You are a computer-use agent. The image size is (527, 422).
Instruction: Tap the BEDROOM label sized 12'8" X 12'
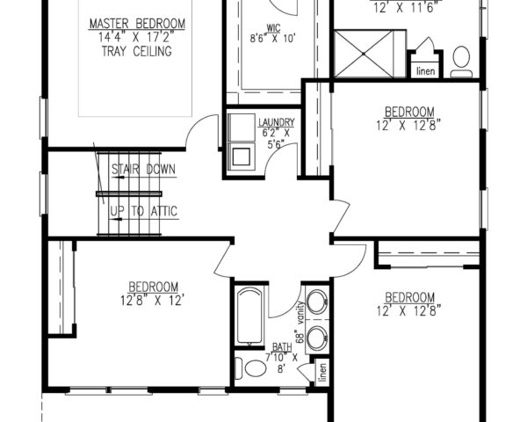click(154, 287)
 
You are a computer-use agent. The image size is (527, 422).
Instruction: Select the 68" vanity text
click(300, 321)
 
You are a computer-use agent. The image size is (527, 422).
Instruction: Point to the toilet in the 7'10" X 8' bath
click(255, 367)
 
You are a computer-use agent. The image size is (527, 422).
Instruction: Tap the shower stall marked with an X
click(369, 55)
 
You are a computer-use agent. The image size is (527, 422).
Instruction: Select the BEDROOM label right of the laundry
click(409, 112)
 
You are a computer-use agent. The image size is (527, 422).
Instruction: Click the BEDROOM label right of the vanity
click(409, 296)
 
